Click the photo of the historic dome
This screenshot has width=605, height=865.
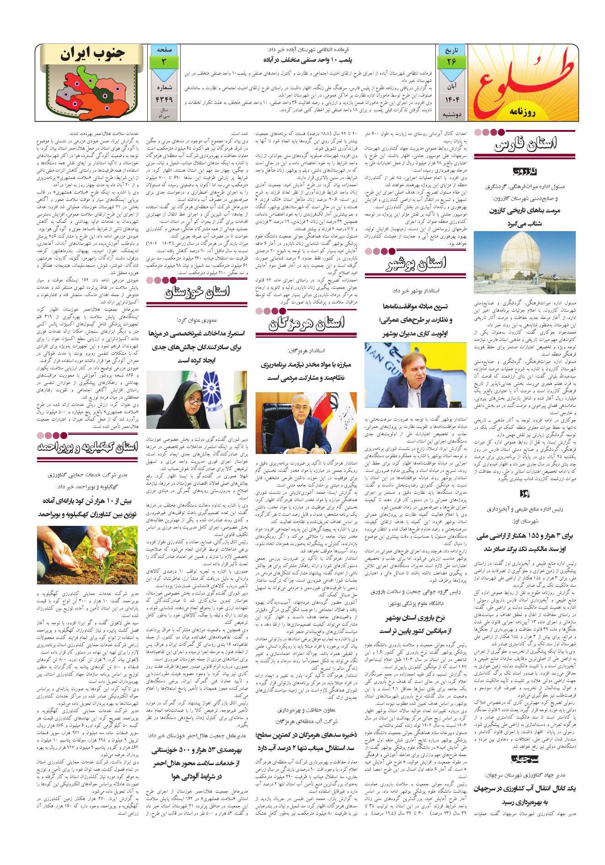point(525,264)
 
